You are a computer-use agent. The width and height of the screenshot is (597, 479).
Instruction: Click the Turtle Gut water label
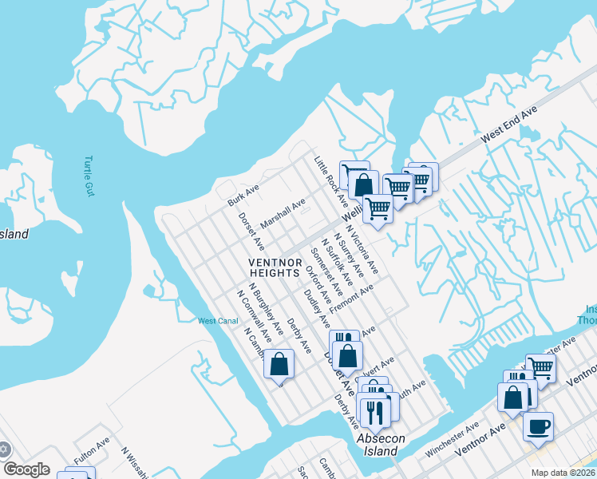click(x=88, y=176)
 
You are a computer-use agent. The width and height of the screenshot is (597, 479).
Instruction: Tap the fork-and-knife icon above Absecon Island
click(x=373, y=411)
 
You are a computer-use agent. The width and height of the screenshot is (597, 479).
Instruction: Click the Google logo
click(x=26, y=469)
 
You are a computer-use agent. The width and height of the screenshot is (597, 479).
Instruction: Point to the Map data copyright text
click(x=563, y=472)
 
